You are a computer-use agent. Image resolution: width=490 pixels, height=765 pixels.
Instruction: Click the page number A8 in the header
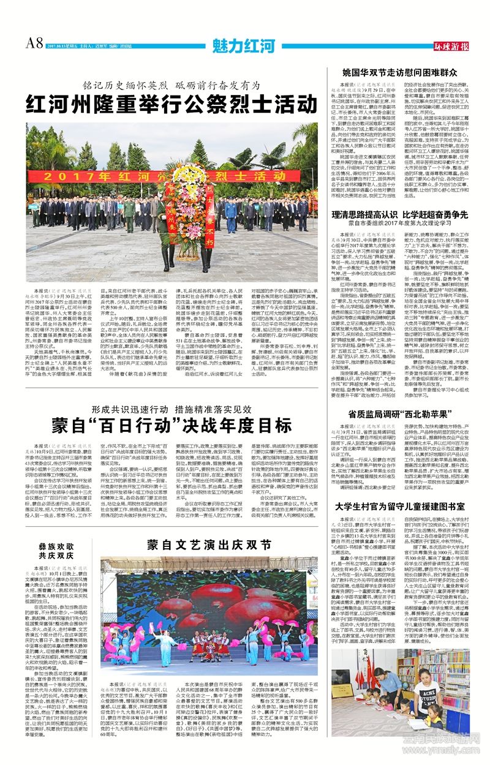(x=34, y=42)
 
